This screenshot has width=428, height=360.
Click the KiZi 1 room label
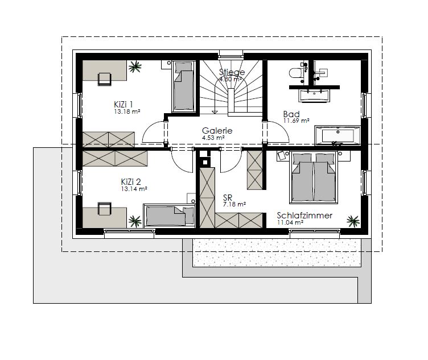point(124,105)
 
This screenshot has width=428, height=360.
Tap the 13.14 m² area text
point(134,189)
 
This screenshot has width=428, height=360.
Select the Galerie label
point(217,131)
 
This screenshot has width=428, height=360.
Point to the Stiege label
point(232,72)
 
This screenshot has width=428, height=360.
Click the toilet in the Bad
point(295,73)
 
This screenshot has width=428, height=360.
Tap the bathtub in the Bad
point(338,135)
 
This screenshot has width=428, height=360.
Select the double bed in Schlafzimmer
point(314,177)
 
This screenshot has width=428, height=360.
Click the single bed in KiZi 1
point(184,86)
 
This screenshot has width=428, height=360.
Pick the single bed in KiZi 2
point(169,216)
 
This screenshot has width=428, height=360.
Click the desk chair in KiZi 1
point(105,79)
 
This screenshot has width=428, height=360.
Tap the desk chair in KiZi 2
point(105,209)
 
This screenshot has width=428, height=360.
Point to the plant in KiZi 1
point(135,67)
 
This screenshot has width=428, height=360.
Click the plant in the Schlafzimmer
point(353,221)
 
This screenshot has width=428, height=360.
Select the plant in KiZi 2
point(135,221)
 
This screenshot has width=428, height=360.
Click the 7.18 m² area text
point(234,204)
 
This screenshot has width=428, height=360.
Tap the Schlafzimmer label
point(304,215)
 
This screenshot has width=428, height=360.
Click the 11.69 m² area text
point(297,121)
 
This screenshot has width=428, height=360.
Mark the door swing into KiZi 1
point(154,131)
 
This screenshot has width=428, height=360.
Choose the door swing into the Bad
point(277,131)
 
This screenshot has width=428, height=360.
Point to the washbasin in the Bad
point(314,96)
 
